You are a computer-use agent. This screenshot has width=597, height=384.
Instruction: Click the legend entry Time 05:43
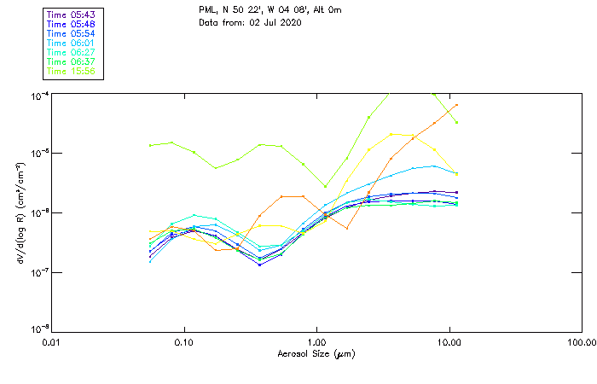tap(72, 15)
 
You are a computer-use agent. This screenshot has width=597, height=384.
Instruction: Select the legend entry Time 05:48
tap(72, 24)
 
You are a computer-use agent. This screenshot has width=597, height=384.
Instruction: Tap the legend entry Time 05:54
tap(72, 33)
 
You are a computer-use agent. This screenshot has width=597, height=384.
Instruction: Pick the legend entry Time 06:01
tap(72, 43)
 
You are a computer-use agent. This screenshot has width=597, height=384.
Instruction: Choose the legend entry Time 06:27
tap(72, 52)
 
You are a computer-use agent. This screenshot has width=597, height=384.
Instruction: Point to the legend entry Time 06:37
tap(72, 61)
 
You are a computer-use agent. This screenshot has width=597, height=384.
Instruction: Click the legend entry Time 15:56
tap(72, 71)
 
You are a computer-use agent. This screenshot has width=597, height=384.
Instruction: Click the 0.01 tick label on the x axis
tap(51, 342)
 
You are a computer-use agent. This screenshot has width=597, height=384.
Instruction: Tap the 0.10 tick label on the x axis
tap(183, 342)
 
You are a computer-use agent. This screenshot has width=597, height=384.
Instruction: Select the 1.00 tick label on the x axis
tap(316, 342)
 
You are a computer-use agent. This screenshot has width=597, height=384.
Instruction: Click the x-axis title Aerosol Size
tap(316, 353)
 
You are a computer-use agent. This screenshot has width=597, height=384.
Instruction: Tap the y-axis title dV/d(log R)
tap(18, 212)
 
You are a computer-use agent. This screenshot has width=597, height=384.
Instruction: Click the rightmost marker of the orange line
tap(457, 105)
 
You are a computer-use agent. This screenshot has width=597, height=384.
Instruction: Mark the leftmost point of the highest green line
tap(151, 145)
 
